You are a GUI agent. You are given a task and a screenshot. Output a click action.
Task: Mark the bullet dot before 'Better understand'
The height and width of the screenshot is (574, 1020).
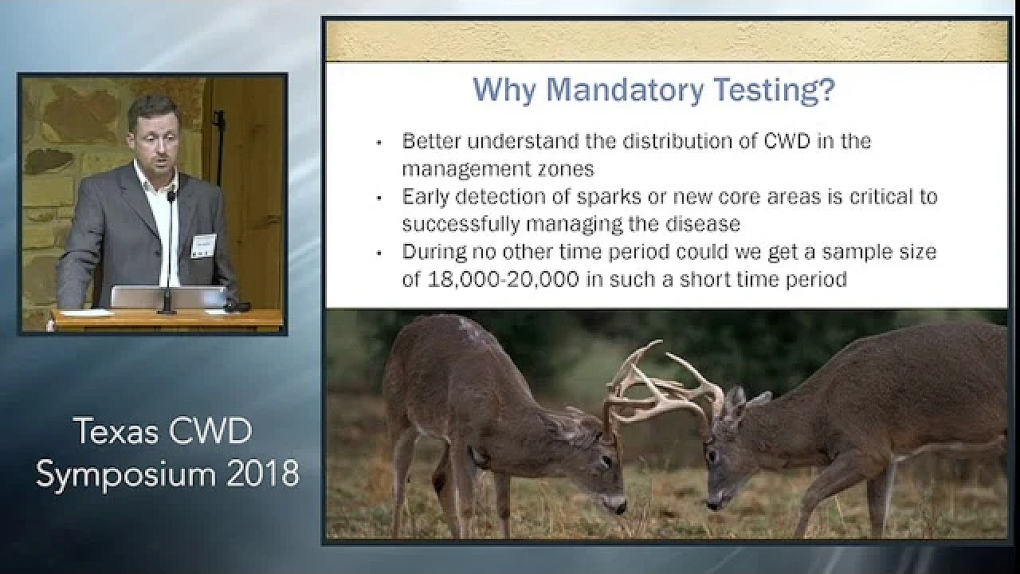coord(380,143)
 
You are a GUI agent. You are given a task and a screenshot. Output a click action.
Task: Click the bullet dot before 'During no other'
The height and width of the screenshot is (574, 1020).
coord(380,254)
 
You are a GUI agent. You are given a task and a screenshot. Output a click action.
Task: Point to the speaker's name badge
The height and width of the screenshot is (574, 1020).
coord(203,246)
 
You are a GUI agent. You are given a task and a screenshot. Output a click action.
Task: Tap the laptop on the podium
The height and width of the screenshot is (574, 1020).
coord(168,297)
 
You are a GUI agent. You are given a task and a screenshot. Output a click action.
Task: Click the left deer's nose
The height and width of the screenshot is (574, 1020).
coord(617,507)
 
